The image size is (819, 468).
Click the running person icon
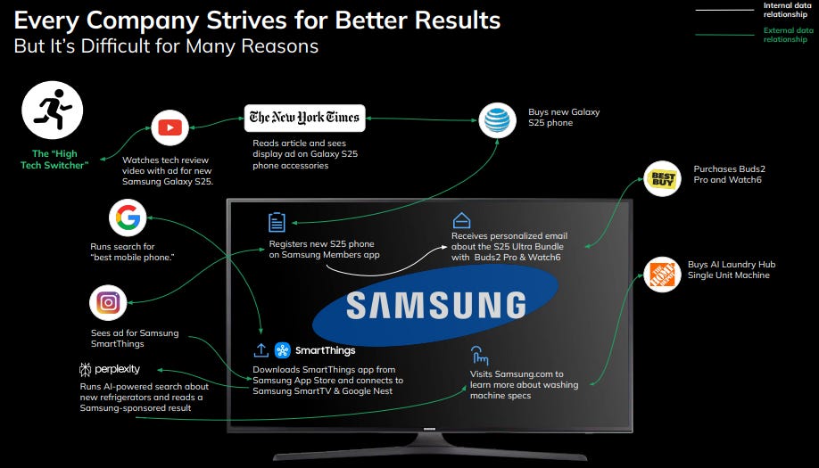[53, 111]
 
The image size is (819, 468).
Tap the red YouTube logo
[170, 128]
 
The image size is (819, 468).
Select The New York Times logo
[304, 117]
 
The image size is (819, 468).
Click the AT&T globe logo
[497, 120]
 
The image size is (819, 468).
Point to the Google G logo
[128, 218]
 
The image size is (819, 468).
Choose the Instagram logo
[109, 303]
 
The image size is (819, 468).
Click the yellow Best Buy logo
[663, 178]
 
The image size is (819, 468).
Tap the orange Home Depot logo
[663, 275]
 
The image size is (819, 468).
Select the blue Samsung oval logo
[435, 304]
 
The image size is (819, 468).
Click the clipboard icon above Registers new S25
[277, 223]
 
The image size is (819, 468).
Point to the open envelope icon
[461, 220]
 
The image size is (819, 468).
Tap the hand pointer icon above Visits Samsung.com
[480, 354]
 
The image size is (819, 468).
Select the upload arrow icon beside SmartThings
[261, 350]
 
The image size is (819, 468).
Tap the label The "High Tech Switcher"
[54, 160]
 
